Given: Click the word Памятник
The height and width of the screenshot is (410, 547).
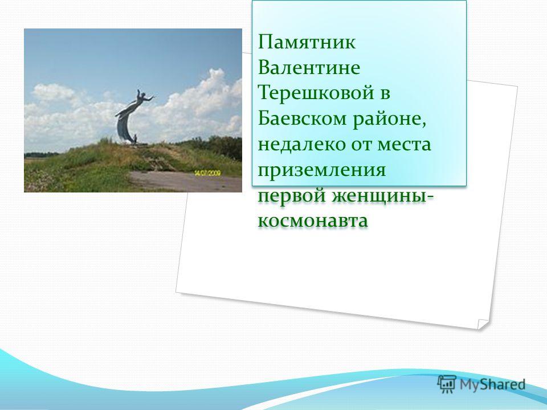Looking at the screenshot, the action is coord(307,43).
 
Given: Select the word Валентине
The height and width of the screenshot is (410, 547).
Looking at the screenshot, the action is coord(309,68).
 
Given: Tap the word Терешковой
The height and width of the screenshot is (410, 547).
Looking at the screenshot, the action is coord(316,93).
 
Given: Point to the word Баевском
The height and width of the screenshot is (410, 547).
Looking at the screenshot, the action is coord(302,119).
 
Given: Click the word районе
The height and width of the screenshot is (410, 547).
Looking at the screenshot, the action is coord(390,120).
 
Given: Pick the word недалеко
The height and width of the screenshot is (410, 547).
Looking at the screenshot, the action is coord(302,145).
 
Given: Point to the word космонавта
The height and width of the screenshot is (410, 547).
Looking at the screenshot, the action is coord(313,222).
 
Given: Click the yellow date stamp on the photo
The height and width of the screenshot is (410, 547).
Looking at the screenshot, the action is coord(207,173).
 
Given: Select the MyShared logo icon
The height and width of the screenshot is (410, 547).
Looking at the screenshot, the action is coord(447,384).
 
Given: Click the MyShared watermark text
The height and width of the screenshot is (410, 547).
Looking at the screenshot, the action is coord(492,384).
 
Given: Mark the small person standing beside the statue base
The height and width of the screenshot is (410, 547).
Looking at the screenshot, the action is coord(135,139).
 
